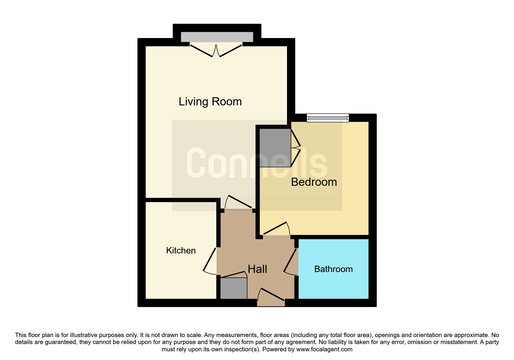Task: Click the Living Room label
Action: tap(210, 102)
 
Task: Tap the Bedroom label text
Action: tap(314, 182)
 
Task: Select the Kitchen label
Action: tap(181, 251)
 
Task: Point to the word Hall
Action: tap(257, 269)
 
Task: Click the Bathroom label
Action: tap(333, 269)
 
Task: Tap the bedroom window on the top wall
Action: tap(328, 118)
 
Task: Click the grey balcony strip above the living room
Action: tap(217, 37)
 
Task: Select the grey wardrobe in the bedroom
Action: tap(275, 148)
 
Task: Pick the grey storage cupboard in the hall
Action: tap(234, 288)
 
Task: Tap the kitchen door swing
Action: tap(210, 260)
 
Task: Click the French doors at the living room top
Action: tap(216, 50)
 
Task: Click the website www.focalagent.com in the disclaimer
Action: tap(324, 349)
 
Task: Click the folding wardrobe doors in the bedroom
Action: tap(296, 148)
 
